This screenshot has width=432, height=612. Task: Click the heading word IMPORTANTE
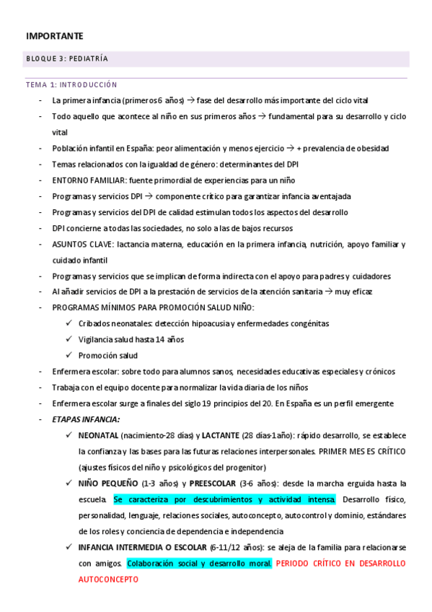(x=55, y=35)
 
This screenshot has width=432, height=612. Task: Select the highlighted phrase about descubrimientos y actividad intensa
(x=224, y=499)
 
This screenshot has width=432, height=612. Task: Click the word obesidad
(x=373, y=149)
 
